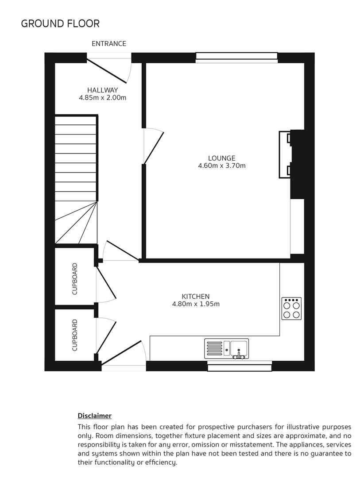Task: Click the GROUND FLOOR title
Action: pyautogui.click(x=60, y=23)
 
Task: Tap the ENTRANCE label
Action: pyautogui.click(x=109, y=43)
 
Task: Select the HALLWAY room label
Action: pyautogui.click(x=102, y=90)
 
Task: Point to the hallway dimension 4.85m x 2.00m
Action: pyautogui.click(x=102, y=98)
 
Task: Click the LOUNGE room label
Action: pyautogui.click(x=221, y=158)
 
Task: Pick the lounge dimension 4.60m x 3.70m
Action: pyautogui.click(x=221, y=166)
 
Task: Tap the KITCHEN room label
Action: pyautogui.click(x=195, y=296)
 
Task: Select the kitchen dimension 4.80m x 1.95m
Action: pyautogui.click(x=195, y=304)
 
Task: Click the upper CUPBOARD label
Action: pyautogui.click(x=74, y=279)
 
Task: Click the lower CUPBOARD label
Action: pyautogui.click(x=74, y=335)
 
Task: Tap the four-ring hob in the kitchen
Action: pyautogui.click(x=291, y=308)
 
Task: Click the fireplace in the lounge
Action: pyautogui.click(x=286, y=154)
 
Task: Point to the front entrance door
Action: pyautogui.click(x=109, y=69)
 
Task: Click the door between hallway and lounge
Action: pyautogui.click(x=153, y=146)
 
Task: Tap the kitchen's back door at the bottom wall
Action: pyautogui.click(x=124, y=355)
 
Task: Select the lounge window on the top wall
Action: pyautogui.click(x=236, y=57)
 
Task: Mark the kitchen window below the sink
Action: pyautogui.click(x=240, y=366)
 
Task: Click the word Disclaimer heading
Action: pyautogui.click(x=94, y=416)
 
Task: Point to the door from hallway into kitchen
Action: pyautogui.click(x=120, y=251)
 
